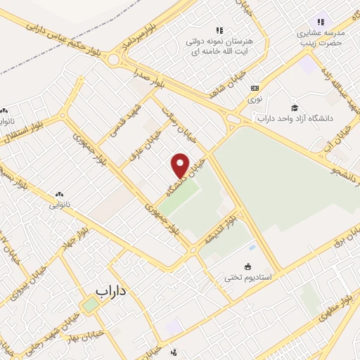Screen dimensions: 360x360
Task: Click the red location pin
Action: click(181, 165)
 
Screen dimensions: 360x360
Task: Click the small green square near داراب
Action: click(90, 305)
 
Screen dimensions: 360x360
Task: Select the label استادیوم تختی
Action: click(247, 278)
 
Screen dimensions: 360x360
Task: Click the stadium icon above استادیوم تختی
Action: click(247, 266)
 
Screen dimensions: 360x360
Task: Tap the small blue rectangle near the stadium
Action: click(252, 247)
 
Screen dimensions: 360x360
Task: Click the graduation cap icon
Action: click(295, 107)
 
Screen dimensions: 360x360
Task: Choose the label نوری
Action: click(255, 99)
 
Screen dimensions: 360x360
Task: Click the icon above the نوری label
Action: click(255, 89)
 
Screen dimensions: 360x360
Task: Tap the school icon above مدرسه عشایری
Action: click(321, 22)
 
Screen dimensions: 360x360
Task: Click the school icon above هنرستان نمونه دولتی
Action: click(219, 30)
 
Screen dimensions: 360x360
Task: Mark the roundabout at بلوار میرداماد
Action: click(113, 60)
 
